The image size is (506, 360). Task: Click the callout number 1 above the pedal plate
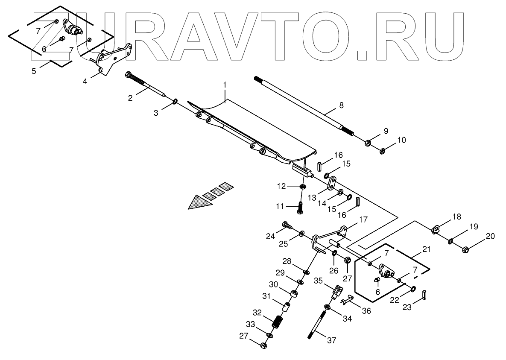point(225,85)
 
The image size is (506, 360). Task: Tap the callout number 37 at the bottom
point(332,340)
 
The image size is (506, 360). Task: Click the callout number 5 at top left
point(34,71)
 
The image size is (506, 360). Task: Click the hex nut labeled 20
point(466,249)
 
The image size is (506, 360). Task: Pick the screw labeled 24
point(287,225)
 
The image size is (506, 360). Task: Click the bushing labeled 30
point(294,295)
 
